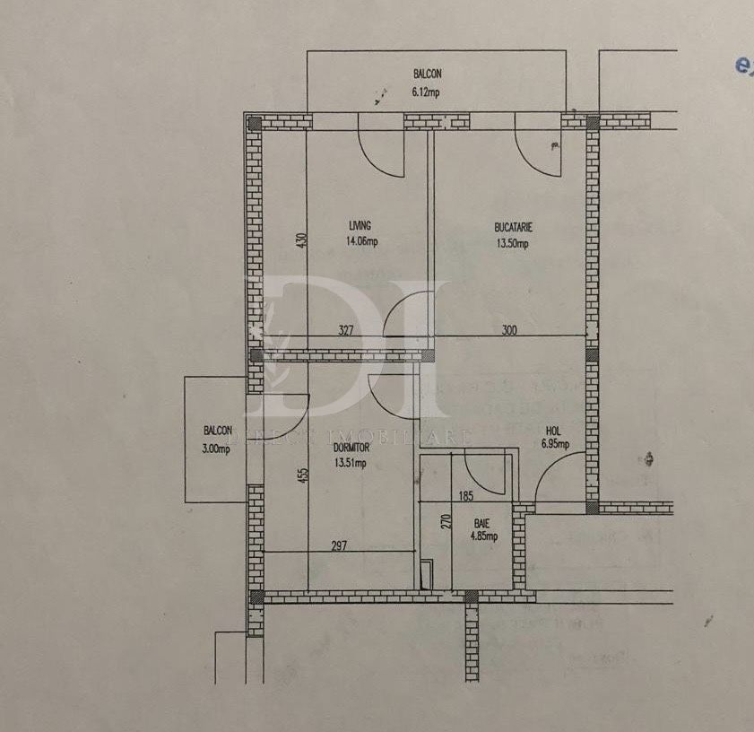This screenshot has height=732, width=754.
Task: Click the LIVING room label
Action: [360, 226]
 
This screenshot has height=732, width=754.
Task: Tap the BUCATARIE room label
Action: [513, 226]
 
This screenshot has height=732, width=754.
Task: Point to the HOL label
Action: [553, 430]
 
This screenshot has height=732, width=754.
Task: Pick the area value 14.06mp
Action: [362, 240]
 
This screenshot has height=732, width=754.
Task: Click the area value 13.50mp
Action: [513, 241]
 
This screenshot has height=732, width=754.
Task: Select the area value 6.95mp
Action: [555, 444]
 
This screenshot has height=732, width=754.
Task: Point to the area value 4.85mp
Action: [483, 536]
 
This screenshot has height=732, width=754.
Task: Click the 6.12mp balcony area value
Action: [425, 91]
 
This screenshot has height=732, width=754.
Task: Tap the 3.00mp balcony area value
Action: [216, 450]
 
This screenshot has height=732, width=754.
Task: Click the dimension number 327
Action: [345, 330]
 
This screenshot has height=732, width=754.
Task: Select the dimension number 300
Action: [509, 330]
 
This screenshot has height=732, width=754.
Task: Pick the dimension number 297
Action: [338, 546]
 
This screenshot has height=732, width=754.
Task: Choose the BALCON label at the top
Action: [427, 74]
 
